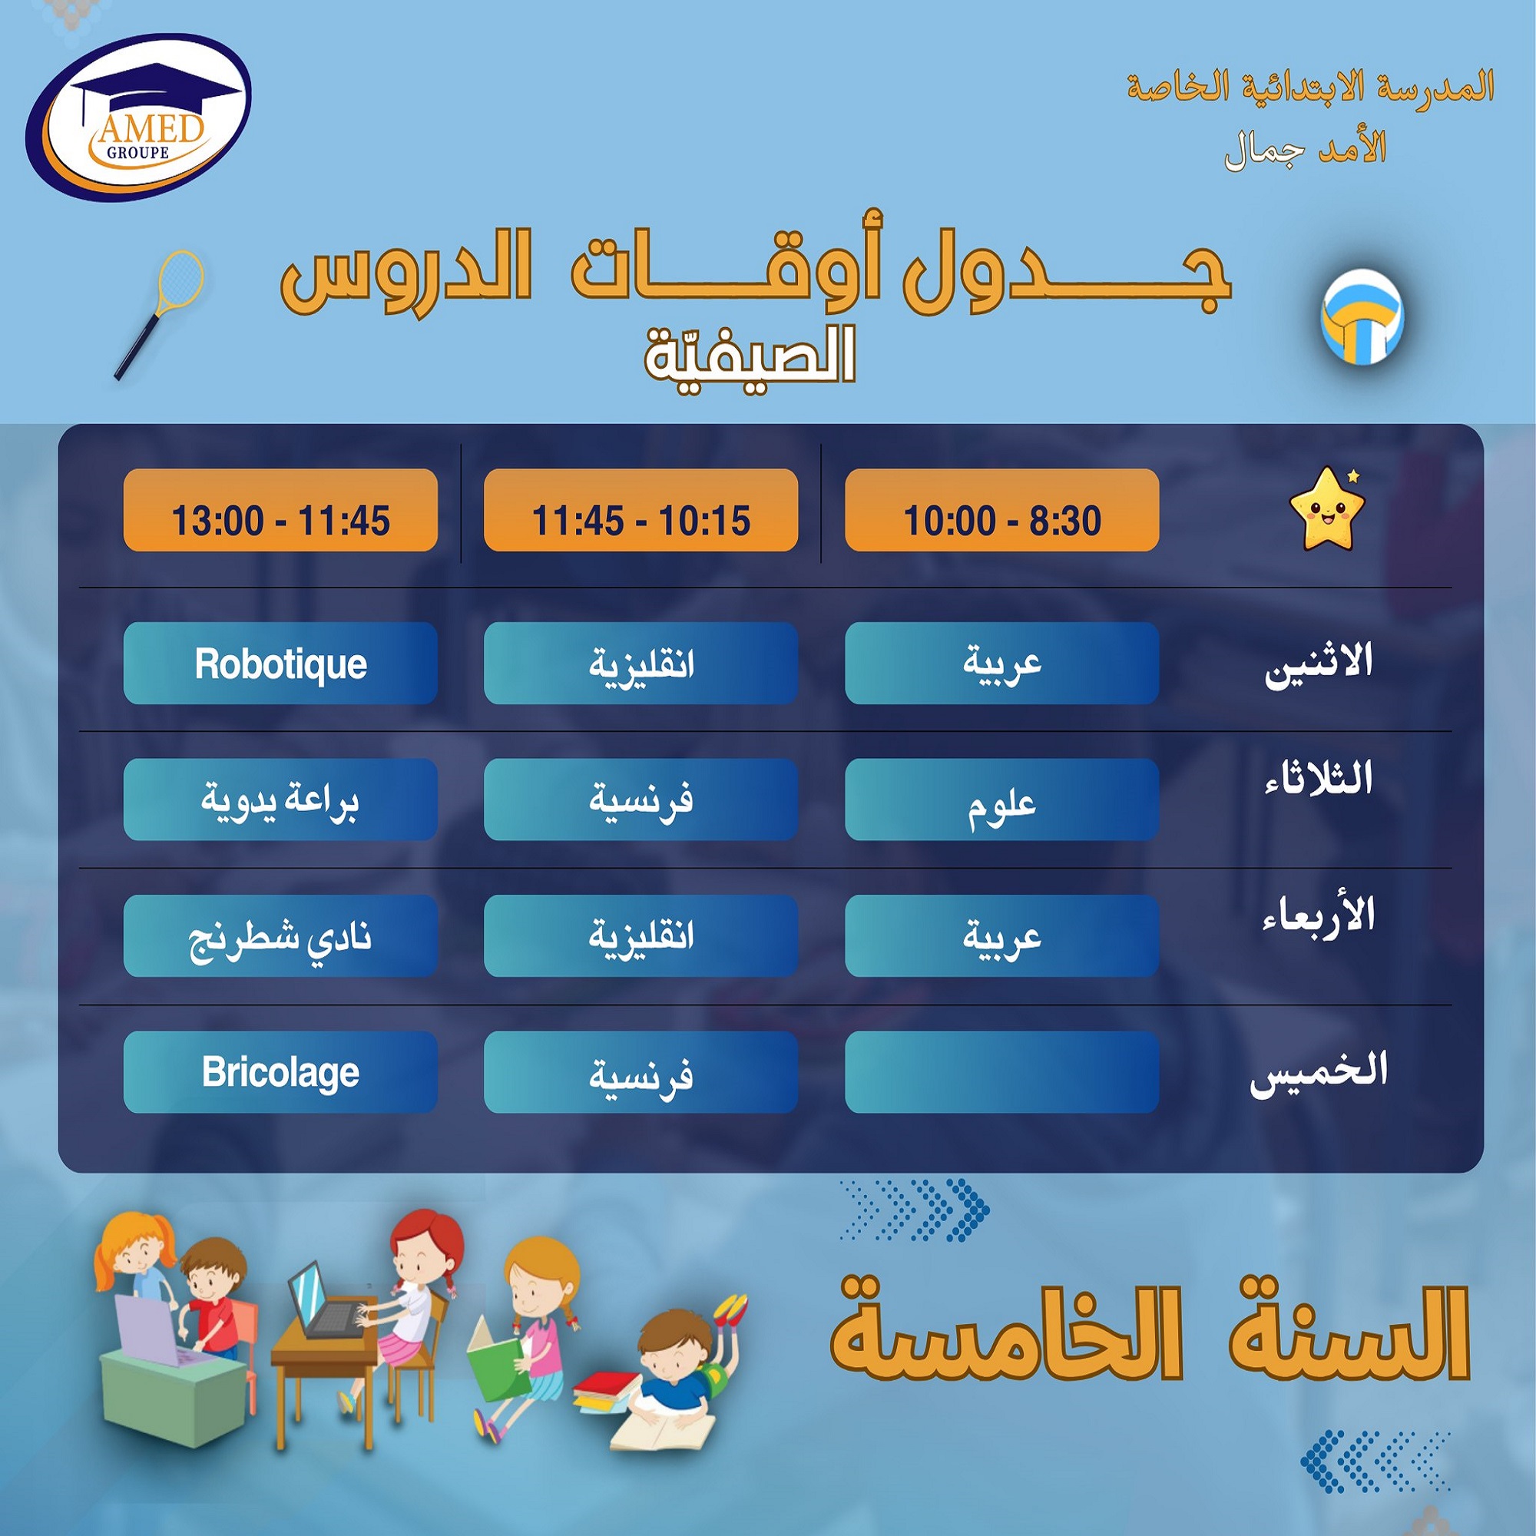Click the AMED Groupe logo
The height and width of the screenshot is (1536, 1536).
pyautogui.click(x=140, y=117)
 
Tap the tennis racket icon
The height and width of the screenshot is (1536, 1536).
pyautogui.click(x=159, y=315)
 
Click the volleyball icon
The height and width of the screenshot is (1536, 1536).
pyautogui.click(x=1362, y=317)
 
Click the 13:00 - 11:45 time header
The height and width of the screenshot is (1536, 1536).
pyautogui.click(x=280, y=510)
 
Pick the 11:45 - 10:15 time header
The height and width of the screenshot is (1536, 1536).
pyautogui.click(x=641, y=510)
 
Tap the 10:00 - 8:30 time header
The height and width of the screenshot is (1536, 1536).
pyautogui.click(x=1001, y=510)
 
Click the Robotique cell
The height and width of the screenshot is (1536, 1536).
pyautogui.click(x=280, y=663)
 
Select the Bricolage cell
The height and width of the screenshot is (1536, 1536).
pyautogui.click(x=280, y=1071)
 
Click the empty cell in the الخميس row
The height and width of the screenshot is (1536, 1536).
pyautogui.click(x=1001, y=1071)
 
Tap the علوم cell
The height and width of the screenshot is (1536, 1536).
pyautogui.click(x=1001, y=799)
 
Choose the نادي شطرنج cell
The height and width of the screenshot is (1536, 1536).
pyautogui.click(x=280, y=935)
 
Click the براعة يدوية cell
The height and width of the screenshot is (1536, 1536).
pyautogui.click(x=280, y=799)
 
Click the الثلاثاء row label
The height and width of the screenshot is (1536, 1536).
pyautogui.click(x=1319, y=778)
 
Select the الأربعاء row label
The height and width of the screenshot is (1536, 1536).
pyautogui.click(x=1319, y=914)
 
